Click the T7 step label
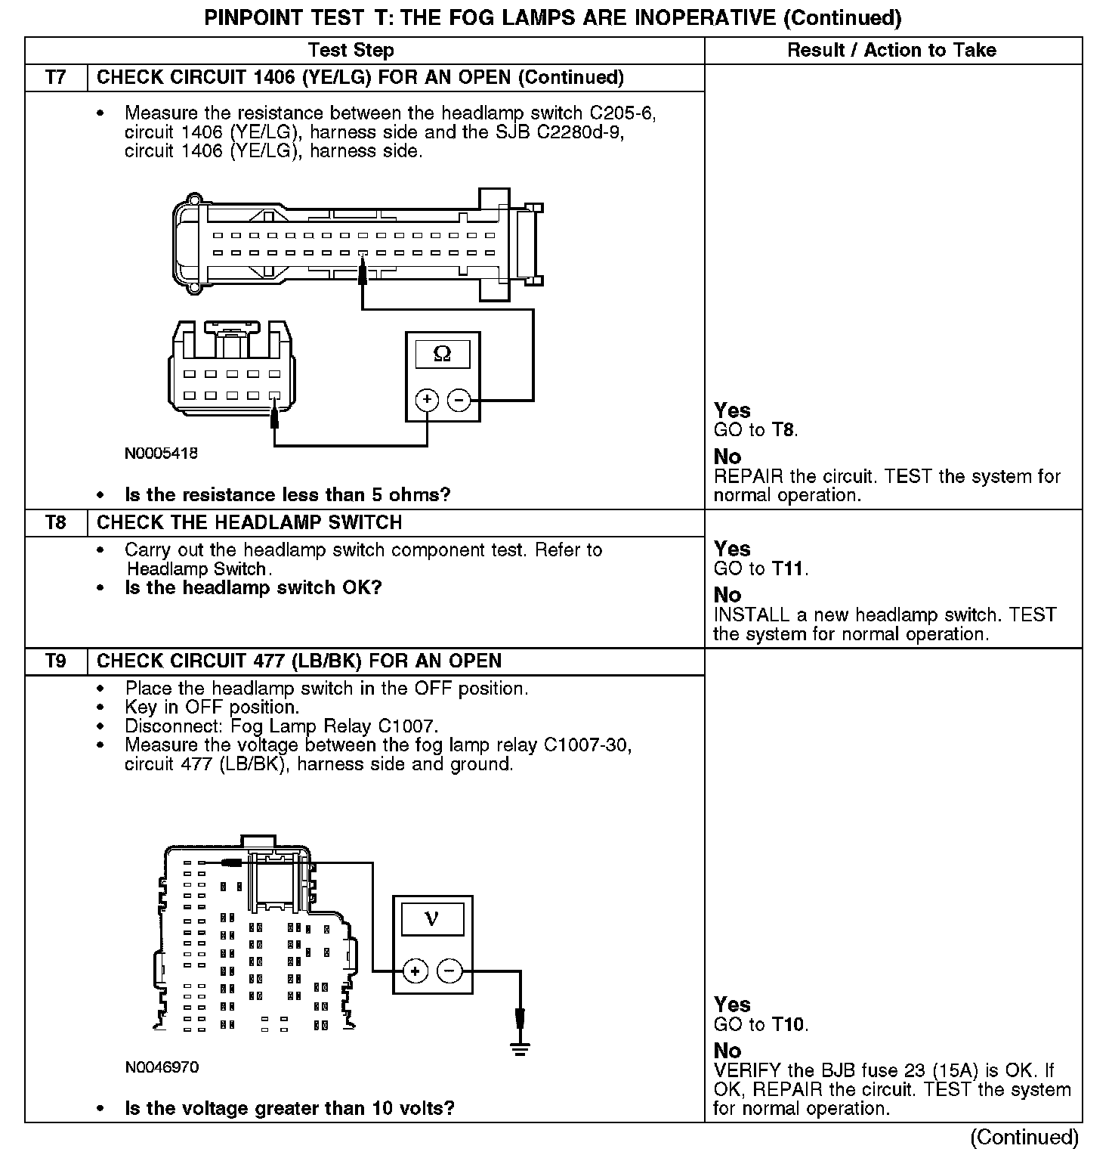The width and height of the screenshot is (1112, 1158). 56,78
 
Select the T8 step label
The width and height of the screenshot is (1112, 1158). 56,523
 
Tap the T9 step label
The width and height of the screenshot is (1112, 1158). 56,661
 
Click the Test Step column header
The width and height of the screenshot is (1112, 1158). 351,51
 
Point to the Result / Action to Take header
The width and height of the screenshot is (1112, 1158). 891,51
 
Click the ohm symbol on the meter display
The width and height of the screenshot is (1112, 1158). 443,354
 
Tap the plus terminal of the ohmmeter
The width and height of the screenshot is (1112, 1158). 427,400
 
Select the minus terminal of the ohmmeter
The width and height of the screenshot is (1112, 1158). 459,400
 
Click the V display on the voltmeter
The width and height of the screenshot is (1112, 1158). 432,918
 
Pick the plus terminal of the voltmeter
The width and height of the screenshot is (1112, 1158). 415,971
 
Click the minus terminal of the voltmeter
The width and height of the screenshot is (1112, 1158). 449,971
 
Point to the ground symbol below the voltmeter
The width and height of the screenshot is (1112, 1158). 520,1047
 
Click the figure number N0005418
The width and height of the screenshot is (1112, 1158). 162,454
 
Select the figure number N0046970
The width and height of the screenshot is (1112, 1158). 162,1067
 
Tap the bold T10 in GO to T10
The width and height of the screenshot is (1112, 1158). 788,1025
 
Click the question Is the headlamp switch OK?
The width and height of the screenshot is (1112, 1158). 253,588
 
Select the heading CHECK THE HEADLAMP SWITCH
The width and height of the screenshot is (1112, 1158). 249,523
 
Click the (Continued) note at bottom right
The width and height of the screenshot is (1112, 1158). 1024,1137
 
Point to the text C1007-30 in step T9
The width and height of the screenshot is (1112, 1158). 588,745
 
